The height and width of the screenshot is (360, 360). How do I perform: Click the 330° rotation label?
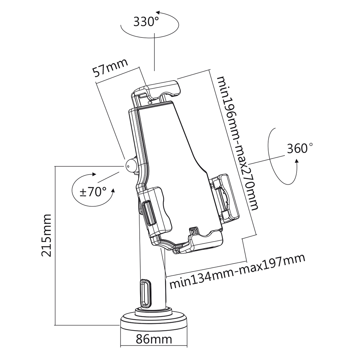(x=146, y=22)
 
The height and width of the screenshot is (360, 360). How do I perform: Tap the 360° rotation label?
(x=300, y=148)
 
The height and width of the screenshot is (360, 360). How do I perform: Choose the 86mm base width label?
(x=154, y=339)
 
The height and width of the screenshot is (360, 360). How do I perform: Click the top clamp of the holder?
(x=157, y=89)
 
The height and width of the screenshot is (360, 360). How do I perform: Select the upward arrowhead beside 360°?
(x=297, y=163)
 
